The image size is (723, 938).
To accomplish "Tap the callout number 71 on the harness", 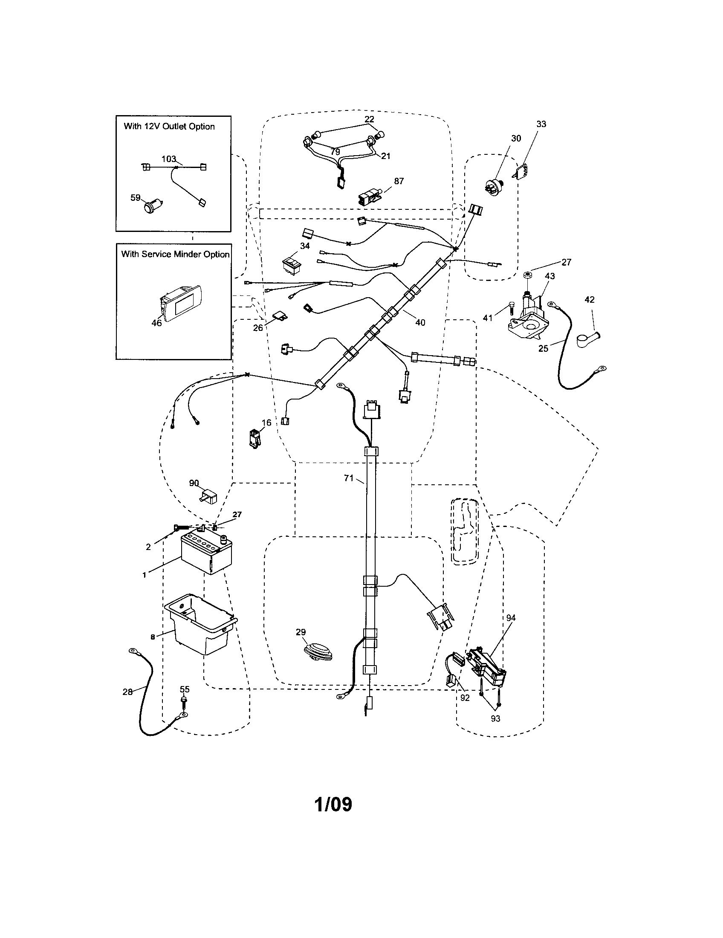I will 349,478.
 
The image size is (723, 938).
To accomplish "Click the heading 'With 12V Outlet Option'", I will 169,127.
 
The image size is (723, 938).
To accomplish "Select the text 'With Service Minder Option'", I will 175,254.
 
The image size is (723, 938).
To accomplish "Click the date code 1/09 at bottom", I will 333,804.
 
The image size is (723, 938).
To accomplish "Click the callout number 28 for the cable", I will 127,692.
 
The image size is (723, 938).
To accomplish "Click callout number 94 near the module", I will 510,618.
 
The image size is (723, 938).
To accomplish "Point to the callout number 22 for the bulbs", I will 369,119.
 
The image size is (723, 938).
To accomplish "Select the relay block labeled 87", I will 370,199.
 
